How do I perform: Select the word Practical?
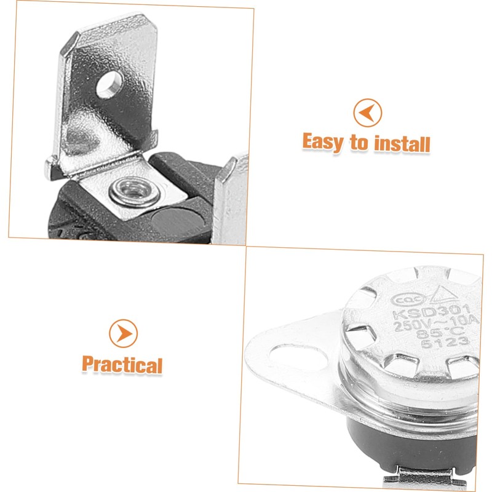pos(122,364)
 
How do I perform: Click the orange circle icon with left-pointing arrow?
pos(367,113)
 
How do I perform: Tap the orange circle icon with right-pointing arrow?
pos(123,333)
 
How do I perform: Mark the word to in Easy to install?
pos(359,143)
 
